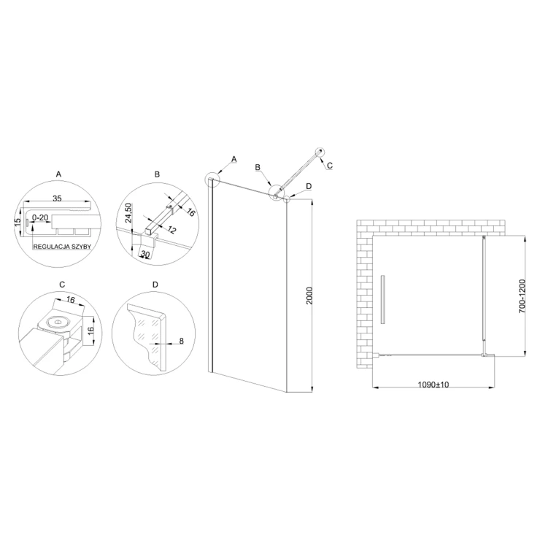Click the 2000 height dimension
tap(309, 296)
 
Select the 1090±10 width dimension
tap(433, 385)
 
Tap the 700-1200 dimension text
tap(522, 296)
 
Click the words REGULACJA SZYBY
tap(62, 247)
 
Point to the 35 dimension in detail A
tap(57, 198)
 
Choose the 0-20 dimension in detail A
tap(40, 218)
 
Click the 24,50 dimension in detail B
tap(128, 213)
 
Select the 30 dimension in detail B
tap(145, 255)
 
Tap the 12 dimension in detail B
tap(171, 230)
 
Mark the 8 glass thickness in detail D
tap(182, 341)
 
